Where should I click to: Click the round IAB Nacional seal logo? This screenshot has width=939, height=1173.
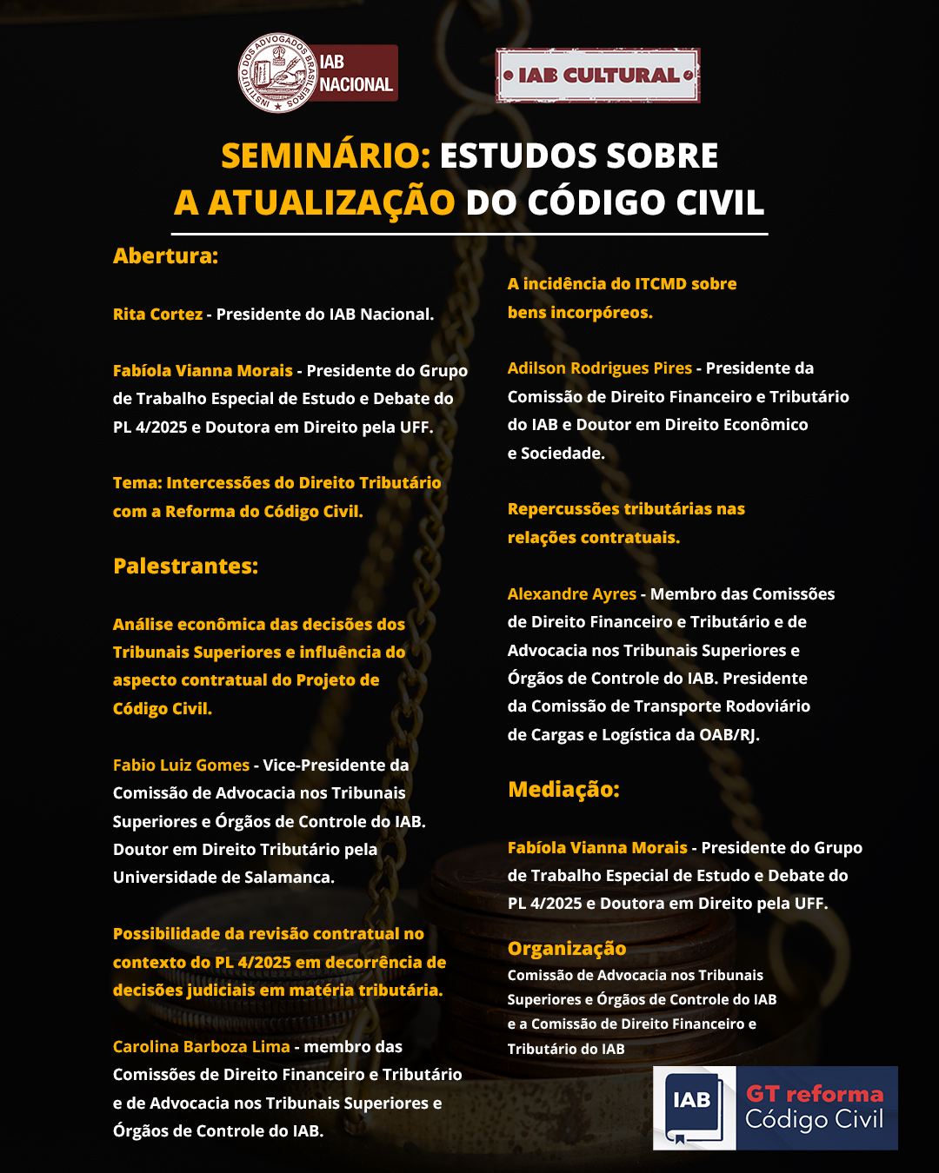coord(277,74)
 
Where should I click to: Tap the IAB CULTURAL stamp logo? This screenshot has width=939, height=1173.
coord(598,76)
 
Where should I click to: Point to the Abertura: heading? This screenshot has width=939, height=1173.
coord(165,256)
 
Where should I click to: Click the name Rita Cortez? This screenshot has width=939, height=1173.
coord(157,315)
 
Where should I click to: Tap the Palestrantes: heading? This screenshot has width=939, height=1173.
coord(185,567)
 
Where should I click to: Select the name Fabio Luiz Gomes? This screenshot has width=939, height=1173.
coord(181,765)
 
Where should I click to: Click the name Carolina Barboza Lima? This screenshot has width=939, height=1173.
coord(201,1047)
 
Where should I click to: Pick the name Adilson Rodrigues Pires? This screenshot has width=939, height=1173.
coord(599,368)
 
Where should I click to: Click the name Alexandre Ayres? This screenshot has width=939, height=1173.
coord(571,594)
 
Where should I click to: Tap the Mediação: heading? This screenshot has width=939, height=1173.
coord(563,790)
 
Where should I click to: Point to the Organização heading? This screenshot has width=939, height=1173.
coord(566,949)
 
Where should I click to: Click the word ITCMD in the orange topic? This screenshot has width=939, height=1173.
coord(660,284)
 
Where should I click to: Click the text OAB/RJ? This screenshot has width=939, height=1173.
coord(729,735)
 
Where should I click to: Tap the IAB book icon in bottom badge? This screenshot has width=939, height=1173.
coord(694,1108)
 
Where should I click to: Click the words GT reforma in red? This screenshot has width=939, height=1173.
coord(814,1094)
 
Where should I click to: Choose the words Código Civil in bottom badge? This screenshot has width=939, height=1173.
coord(814,1120)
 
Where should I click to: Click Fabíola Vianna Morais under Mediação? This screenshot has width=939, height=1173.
coord(597,848)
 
